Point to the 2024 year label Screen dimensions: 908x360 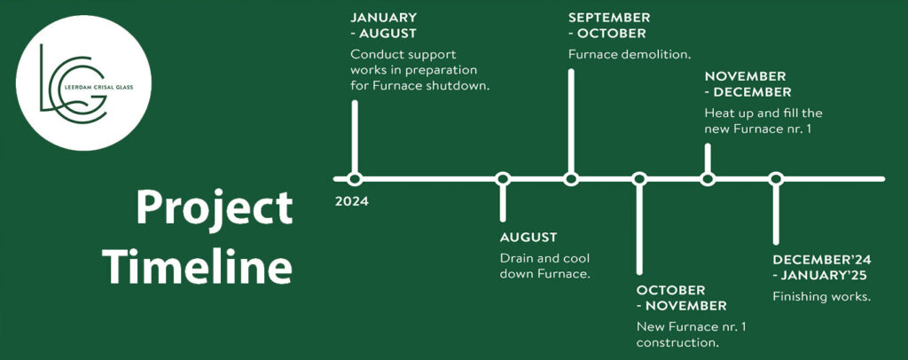[351, 202]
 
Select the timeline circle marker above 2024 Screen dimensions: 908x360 [355, 179]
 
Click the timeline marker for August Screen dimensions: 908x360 [503, 179]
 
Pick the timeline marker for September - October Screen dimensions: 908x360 [571, 179]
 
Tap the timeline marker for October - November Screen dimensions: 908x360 [639, 179]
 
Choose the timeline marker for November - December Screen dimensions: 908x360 [708, 179]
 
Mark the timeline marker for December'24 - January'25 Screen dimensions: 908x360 [776, 179]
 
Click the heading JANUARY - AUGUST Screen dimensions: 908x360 [383, 26]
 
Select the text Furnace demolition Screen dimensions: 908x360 [630, 54]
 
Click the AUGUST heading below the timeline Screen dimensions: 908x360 [528, 238]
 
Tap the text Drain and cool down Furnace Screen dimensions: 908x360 [545, 266]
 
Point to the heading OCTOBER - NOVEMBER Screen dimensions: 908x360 [682, 298]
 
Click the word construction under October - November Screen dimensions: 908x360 [677, 342]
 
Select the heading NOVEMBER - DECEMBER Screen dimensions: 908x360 [748, 84]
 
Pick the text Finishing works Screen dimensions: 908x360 [822, 297]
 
